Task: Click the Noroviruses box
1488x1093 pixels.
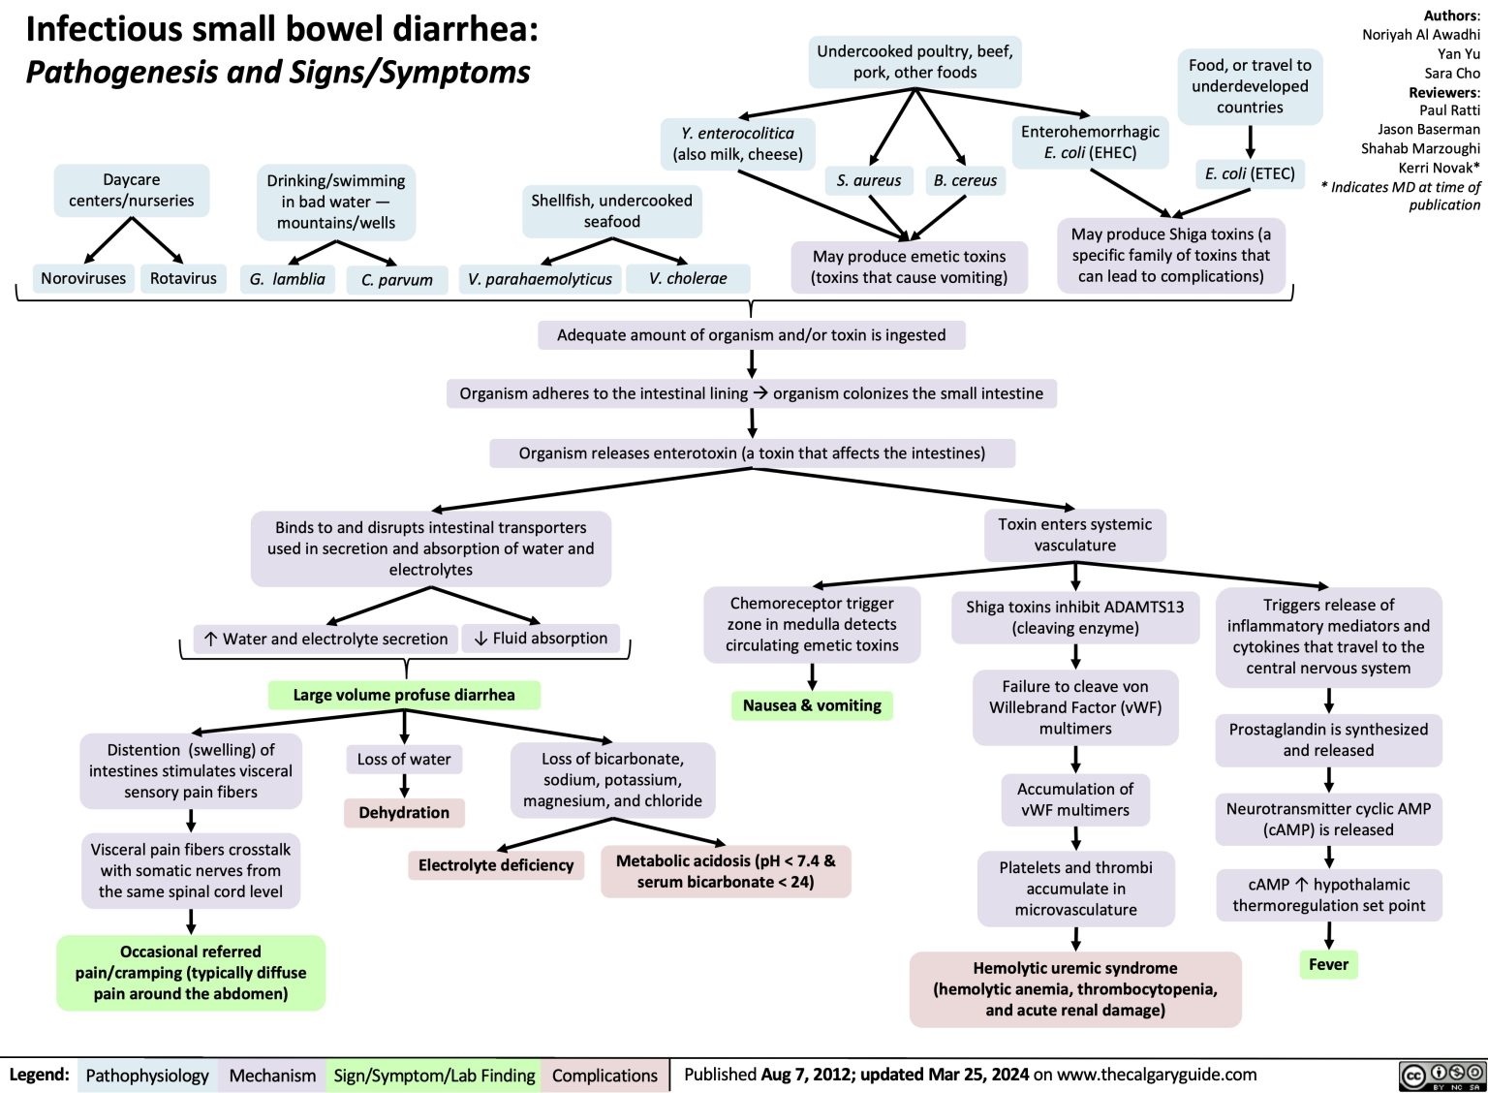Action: pyautogui.click(x=83, y=279)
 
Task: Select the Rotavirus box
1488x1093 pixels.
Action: pyautogui.click(x=183, y=279)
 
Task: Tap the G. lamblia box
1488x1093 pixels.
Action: pyautogui.click(x=288, y=279)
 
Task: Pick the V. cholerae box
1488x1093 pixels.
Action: pyautogui.click(x=688, y=279)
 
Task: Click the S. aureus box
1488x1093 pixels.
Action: pyautogui.click(x=869, y=180)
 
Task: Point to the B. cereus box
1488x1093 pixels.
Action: pyautogui.click(x=965, y=180)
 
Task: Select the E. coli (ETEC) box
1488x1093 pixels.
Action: pyautogui.click(x=1250, y=173)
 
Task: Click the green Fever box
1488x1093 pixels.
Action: pyautogui.click(x=1328, y=964)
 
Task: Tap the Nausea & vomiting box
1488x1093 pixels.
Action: pyautogui.click(x=812, y=705)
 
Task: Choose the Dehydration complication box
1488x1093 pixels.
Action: pyautogui.click(x=404, y=813)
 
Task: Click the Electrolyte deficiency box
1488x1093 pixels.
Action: pyautogui.click(x=496, y=865)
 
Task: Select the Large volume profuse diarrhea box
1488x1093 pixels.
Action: pyautogui.click(x=404, y=695)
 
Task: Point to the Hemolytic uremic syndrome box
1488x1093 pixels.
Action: pyautogui.click(x=1075, y=989)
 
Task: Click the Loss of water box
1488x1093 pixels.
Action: pyautogui.click(x=404, y=760)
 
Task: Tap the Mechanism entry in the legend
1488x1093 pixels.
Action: pyautogui.click(x=272, y=1076)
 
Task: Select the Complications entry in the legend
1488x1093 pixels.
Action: pyautogui.click(x=604, y=1076)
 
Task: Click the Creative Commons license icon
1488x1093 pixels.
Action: pyautogui.click(x=1442, y=1075)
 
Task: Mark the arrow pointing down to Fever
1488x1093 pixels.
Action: pyautogui.click(x=1329, y=934)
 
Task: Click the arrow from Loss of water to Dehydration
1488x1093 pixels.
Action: pyautogui.click(x=404, y=786)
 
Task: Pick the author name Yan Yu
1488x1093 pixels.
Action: pyautogui.click(x=1458, y=54)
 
